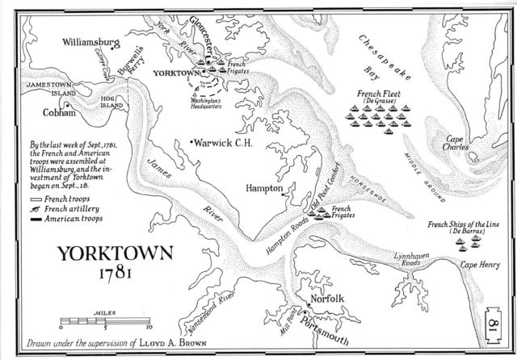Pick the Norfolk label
pos(327,299)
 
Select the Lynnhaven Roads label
pos(412,259)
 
